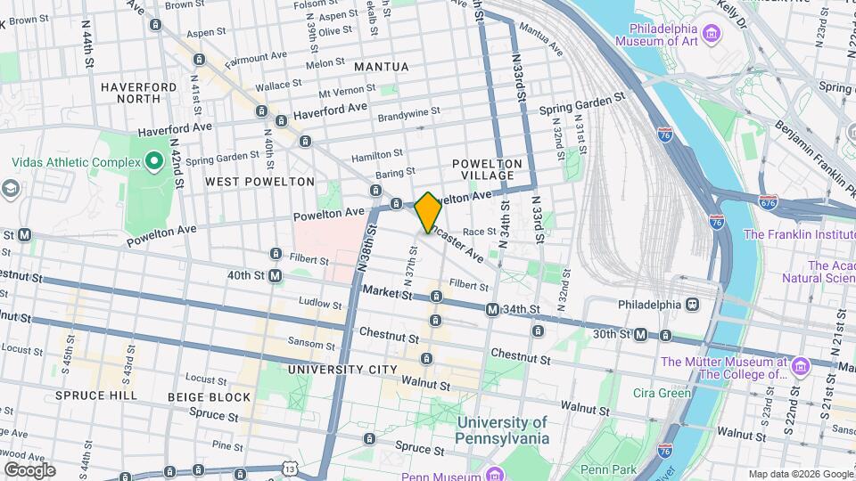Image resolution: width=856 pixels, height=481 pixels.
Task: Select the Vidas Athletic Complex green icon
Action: click(x=153, y=161)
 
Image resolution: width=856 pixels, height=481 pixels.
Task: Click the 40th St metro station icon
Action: click(x=276, y=276)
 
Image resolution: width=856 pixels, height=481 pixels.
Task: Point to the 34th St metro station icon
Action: click(x=491, y=309)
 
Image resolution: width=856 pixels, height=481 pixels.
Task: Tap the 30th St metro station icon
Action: click(x=640, y=334)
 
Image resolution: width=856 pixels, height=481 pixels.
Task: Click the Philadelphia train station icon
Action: click(x=693, y=304)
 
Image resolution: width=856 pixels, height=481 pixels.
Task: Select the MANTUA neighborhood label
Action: click(x=381, y=67)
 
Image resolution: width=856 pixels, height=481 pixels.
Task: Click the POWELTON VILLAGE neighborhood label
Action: click(x=486, y=169)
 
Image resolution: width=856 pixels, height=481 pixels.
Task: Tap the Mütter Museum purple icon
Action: click(x=799, y=367)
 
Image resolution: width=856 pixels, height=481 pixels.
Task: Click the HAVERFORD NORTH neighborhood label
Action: click(x=138, y=93)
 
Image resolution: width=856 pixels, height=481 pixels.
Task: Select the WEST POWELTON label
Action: click(x=259, y=182)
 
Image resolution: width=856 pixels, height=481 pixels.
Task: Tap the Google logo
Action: click(x=29, y=469)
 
